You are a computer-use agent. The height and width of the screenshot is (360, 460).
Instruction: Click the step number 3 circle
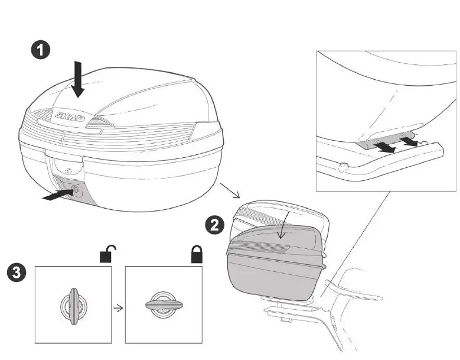(16, 273)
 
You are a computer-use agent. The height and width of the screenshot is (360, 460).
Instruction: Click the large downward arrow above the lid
(77, 80)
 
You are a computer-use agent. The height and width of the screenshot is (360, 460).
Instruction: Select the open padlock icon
(106, 254)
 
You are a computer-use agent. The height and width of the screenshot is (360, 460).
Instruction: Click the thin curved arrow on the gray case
(282, 227)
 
